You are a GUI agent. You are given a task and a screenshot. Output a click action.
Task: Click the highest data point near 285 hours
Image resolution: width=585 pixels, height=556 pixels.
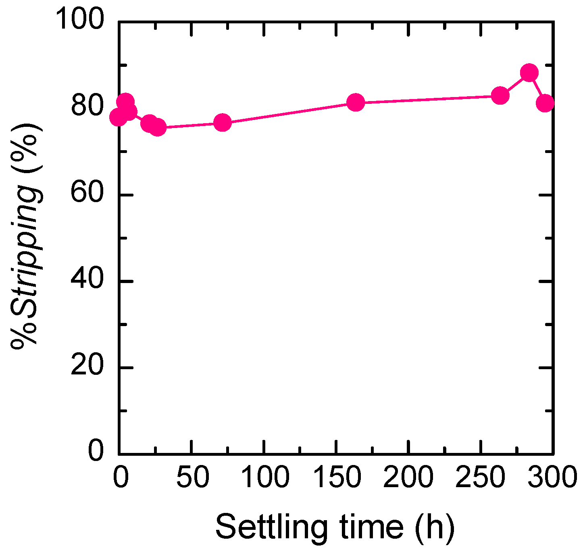529,73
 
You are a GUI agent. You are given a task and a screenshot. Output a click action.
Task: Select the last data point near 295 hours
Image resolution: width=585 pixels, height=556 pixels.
545,103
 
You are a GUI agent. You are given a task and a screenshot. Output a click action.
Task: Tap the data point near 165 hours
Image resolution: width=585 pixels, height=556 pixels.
356,103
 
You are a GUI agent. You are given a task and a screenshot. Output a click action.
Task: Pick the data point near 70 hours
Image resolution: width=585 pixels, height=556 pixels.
222,122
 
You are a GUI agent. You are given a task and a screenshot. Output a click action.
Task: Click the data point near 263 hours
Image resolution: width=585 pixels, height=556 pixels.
500,95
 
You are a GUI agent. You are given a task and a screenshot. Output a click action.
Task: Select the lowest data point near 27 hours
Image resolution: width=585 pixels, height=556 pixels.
157,128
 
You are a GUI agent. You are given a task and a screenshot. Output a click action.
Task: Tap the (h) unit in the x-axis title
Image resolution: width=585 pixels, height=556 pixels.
434,527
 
